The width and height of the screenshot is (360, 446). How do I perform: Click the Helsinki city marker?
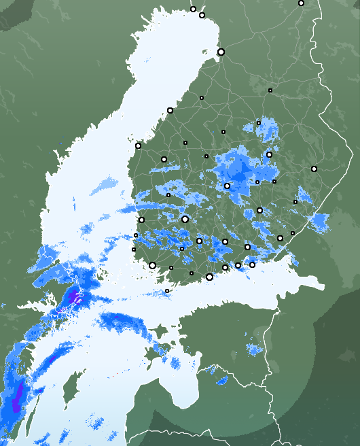(x=209, y=277)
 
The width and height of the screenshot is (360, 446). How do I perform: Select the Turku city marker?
(x=152, y=265)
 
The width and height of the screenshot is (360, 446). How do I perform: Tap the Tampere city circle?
(x=185, y=219)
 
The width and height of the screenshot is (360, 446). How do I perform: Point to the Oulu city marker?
(x=221, y=52)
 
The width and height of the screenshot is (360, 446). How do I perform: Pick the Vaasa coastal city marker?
(x=138, y=145)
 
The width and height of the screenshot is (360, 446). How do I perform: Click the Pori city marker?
(x=141, y=220)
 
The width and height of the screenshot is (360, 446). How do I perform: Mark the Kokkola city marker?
(x=170, y=110)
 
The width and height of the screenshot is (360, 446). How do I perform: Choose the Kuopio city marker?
(x=269, y=154)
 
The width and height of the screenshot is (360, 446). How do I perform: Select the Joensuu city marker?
(x=314, y=169)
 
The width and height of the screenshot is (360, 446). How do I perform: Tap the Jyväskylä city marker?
(x=227, y=186)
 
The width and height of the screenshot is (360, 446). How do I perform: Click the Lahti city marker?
(x=225, y=241)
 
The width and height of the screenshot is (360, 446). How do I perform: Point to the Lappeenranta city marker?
(x=280, y=238)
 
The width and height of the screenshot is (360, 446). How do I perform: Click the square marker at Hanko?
(x=167, y=291)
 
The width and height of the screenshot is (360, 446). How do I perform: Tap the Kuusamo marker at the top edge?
(x=301, y=3)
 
